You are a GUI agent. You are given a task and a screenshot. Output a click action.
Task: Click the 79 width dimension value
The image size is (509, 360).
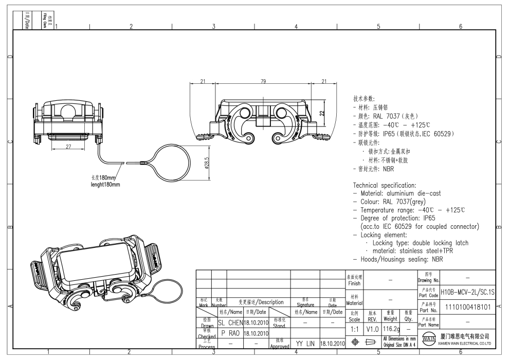tap(263, 81)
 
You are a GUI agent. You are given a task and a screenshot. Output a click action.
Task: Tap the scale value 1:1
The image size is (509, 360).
tap(354, 328)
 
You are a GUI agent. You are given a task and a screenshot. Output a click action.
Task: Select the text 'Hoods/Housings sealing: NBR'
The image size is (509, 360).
tap(401, 259)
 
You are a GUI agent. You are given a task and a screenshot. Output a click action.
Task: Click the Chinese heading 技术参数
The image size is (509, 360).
tap(364, 98)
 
